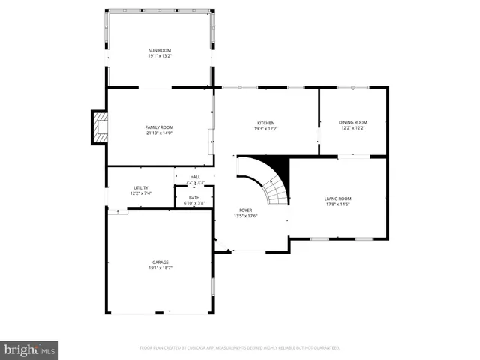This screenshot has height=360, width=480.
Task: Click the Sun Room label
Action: coord(159,50)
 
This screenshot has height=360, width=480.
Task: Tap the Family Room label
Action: coord(159,127)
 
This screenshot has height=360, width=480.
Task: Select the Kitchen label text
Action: coord(266,123)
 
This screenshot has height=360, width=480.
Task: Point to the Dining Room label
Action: coord(352,122)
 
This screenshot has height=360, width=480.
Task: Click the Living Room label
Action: coord(337,199)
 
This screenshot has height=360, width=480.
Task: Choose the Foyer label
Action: coord(245,211)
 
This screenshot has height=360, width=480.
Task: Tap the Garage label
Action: coord(159,262)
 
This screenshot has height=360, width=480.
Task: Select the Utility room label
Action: coord(140,188)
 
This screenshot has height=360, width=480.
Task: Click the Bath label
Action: coord(194,197)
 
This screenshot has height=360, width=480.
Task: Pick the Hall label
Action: coord(195,177)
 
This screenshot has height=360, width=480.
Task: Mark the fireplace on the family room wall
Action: coord(99,127)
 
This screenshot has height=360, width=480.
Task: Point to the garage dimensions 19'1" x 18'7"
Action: coord(159,268)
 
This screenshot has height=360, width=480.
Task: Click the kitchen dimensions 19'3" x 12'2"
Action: coord(266,128)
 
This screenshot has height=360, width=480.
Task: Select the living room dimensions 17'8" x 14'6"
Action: coord(337,204)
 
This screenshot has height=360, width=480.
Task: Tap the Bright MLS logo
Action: coord(30,349)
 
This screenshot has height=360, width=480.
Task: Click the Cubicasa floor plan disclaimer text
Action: coord(240,348)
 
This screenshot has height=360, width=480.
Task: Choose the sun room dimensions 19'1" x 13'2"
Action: coord(159,55)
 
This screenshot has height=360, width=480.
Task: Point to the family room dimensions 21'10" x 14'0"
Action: coord(159,133)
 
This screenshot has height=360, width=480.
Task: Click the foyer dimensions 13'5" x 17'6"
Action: coord(245,216)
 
